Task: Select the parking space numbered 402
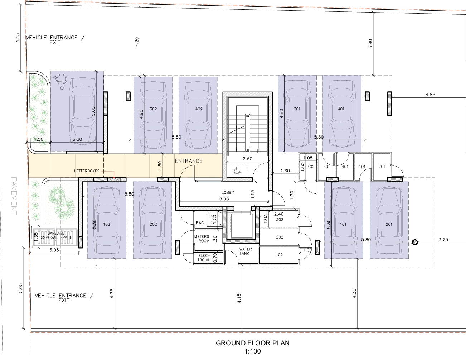[198, 115]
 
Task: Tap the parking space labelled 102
[107, 220]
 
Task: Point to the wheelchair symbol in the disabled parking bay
[60, 81]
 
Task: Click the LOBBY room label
[228, 192]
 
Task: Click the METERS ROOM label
[202, 239]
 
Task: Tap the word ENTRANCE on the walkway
[189, 161]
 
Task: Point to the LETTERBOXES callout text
[87, 171]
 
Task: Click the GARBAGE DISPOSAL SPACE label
[56, 235]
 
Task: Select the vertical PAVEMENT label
[14, 196]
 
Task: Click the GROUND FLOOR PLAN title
[252, 343]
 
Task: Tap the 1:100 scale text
[252, 351]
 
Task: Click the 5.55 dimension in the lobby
[224, 199]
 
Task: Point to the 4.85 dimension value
[430, 95]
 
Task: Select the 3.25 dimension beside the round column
[443, 239]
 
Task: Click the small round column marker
[415, 242]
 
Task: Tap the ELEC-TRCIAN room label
[204, 258]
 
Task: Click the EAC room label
[200, 223]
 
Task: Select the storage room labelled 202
[280, 237]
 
